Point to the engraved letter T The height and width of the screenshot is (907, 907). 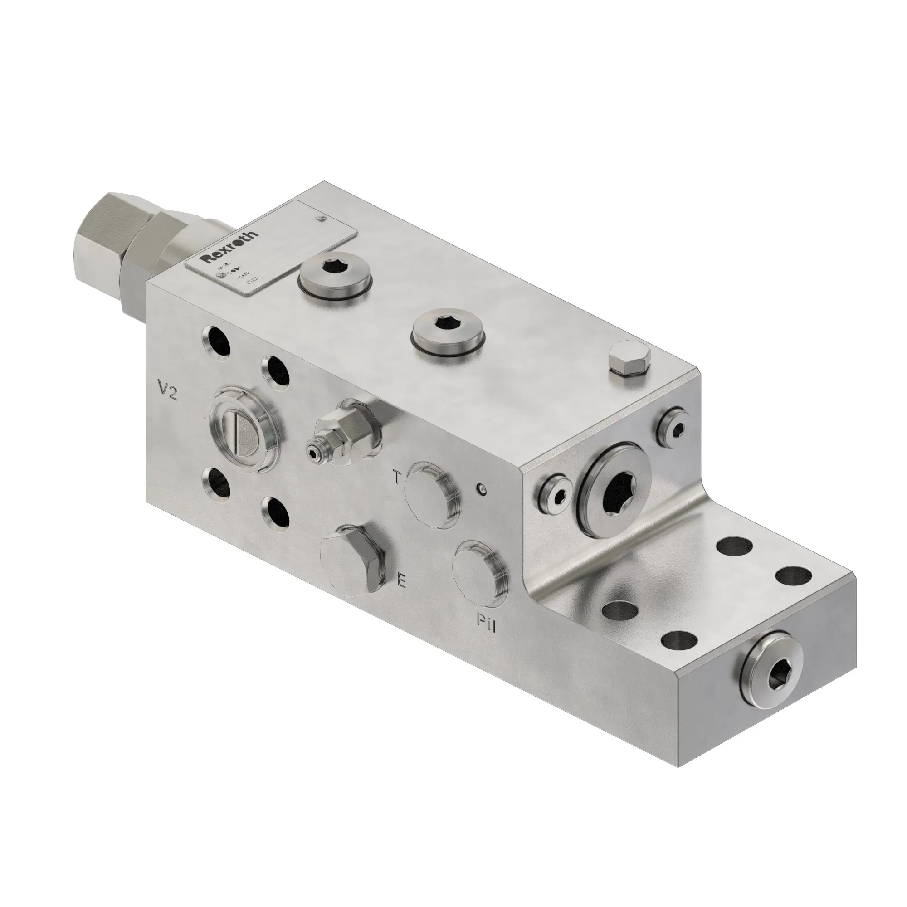[397, 478]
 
